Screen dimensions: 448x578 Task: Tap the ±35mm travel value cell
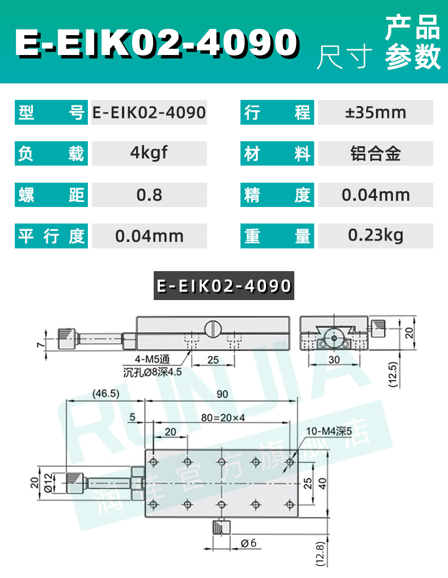tap(375, 112)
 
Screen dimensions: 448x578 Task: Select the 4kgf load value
tap(149, 153)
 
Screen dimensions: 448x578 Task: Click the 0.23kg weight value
tap(375, 235)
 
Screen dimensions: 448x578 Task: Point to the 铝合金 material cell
tap(375, 153)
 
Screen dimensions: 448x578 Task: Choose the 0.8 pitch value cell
tap(149, 195)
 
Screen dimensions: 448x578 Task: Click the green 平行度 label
tap(51, 236)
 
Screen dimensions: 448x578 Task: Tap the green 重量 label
tap(278, 236)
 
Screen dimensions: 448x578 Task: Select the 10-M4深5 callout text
tap(329, 431)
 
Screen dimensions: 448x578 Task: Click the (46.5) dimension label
tap(107, 393)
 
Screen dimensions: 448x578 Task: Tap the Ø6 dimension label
tap(248, 543)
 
